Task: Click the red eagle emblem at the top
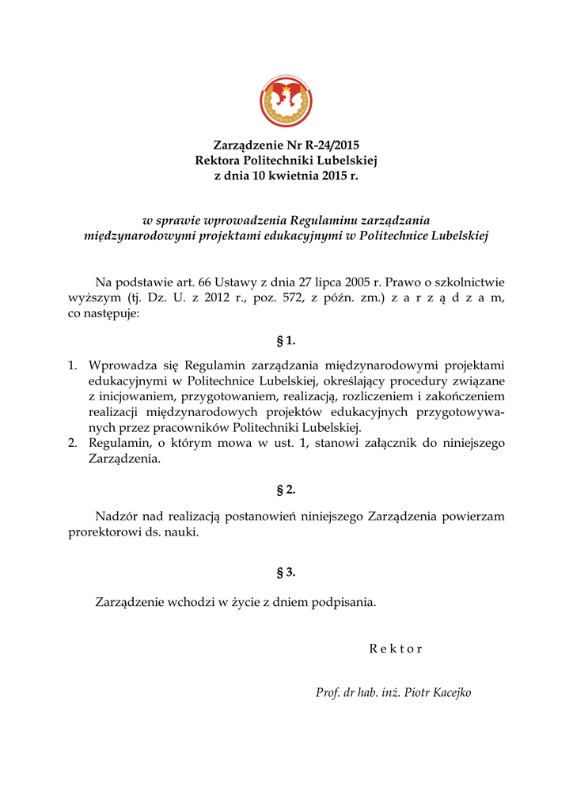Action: [x=286, y=101]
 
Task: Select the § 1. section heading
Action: [x=286, y=342]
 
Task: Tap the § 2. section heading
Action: [x=286, y=490]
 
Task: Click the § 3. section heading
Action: [x=286, y=572]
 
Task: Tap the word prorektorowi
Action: [x=104, y=532]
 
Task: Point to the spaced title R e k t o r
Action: [x=396, y=649]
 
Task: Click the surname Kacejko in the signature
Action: [x=448, y=693]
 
